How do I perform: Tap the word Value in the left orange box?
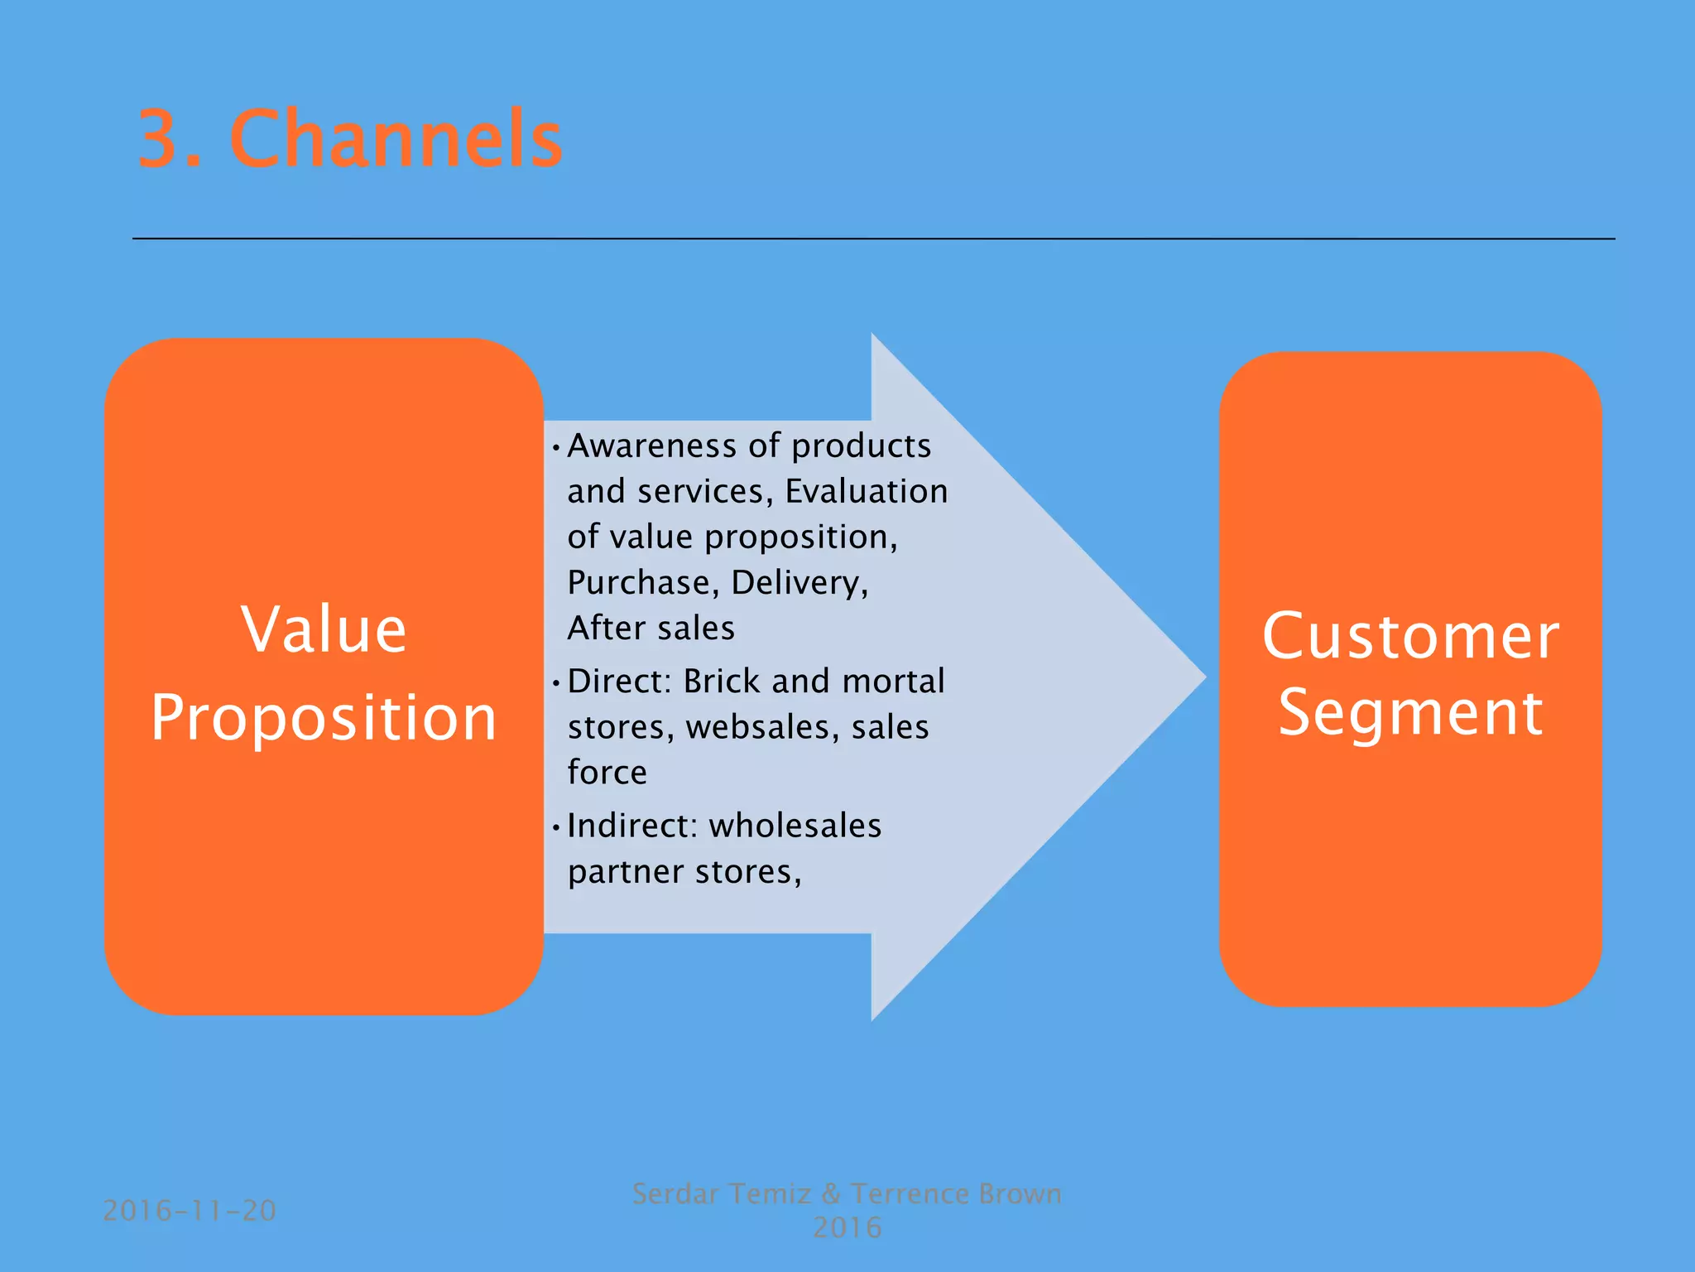tap(324, 630)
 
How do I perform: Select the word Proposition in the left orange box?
tap(324, 718)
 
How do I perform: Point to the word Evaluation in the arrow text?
tap(866, 492)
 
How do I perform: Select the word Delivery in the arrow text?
tap(799, 583)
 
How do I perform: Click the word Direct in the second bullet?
tap(617, 682)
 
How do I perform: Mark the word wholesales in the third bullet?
tap(795, 826)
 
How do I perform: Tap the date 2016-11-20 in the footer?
tap(190, 1211)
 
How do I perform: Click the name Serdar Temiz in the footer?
tap(721, 1194)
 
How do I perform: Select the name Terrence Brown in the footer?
tap(956, 1194)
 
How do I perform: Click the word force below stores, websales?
tap(607, 773)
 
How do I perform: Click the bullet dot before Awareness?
tap(556, 449)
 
